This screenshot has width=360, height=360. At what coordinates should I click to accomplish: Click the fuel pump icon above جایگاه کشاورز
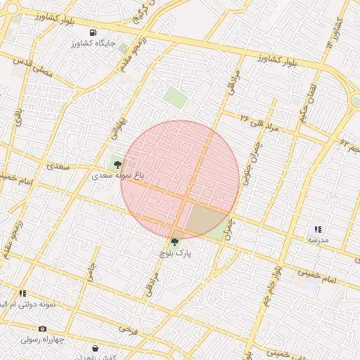point(93,33)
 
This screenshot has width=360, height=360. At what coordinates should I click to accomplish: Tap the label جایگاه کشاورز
point(93,44)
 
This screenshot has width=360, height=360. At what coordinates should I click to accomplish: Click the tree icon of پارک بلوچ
point(174,243)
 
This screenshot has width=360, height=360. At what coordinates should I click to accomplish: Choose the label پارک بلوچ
point(174,253)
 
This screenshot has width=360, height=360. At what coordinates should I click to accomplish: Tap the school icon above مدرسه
point(318,229)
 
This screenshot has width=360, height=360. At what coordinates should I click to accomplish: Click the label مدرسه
point(318,240)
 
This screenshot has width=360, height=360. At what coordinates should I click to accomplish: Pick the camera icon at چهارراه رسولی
point(42,328)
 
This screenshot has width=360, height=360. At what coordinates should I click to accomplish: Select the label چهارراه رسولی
point(44,339)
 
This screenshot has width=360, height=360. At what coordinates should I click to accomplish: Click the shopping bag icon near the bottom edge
point(95,348)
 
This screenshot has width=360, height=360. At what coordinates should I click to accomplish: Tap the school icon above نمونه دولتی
point(22,293)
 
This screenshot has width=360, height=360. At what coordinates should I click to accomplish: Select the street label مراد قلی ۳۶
point(259,122)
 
